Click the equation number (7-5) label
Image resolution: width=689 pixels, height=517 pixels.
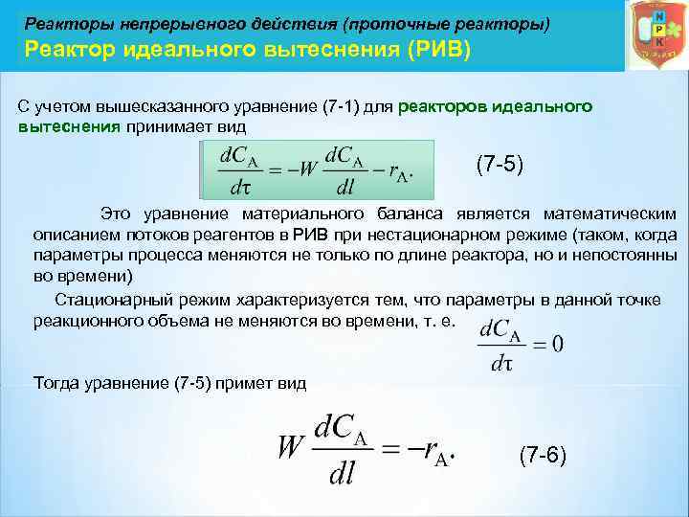pyautogui.click(x=500, y=165)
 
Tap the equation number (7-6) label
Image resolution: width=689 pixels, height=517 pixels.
pyautogui.click(x=543, y=455)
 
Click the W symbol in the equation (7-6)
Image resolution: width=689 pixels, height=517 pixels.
pyautogui.click(x=290, y=448)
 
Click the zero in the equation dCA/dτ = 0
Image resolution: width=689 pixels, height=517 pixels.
pyautogui.click(x=557, y=344)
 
